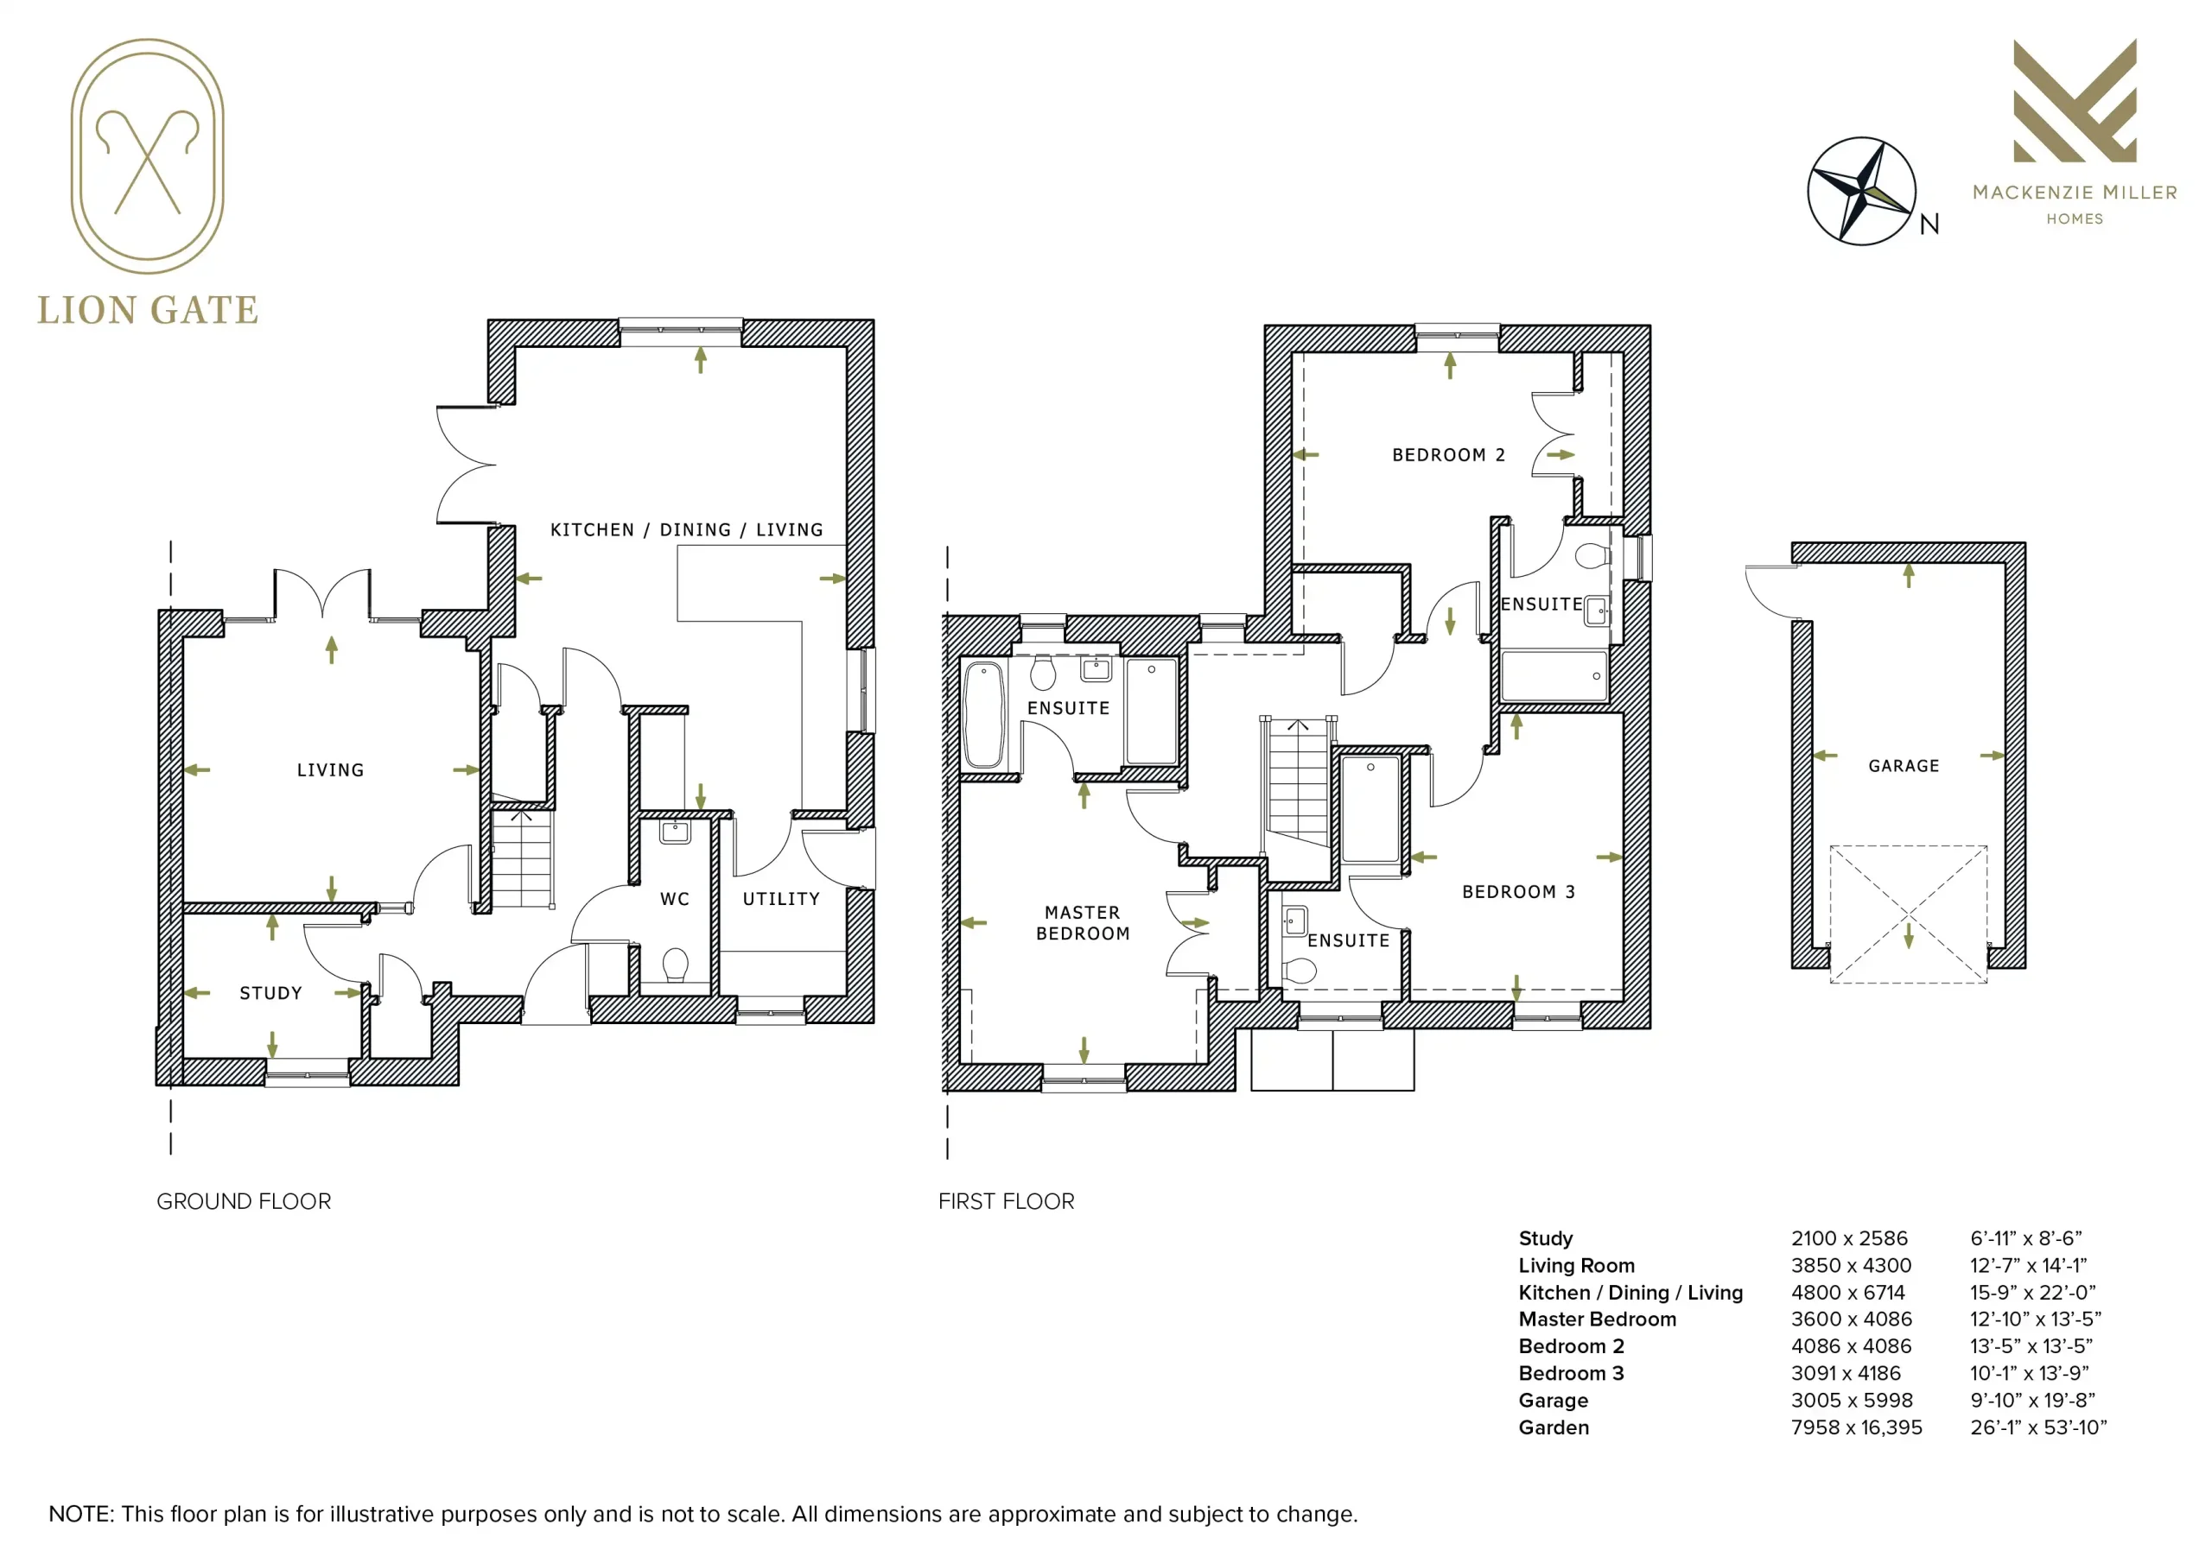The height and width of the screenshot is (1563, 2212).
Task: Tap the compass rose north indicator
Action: pyautogui.click(x=1861, y=191)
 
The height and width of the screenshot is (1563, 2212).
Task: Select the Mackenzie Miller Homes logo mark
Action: pyautogui.click(x=2075, y=100)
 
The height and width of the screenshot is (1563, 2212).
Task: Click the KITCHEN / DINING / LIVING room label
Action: pyautogui.click(x=687, y=529)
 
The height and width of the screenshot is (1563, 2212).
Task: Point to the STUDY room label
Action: pyautogui.click(x=270, y=993)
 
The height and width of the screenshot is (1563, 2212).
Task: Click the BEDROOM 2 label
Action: pyautogui.click(x=1448, y=454)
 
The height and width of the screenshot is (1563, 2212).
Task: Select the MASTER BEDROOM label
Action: pyautogui.click(x=1083, y=922)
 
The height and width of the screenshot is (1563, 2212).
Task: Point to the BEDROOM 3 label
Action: pyautogui.click(x=1518, y=892)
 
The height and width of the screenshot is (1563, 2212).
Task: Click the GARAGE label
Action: pyautogui.click(x=1904, y=766)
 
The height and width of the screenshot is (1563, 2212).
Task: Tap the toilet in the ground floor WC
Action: pyautogui.click(x=676, y=964)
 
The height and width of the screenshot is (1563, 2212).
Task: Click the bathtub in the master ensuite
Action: pyautogui.click(x=983, y=713)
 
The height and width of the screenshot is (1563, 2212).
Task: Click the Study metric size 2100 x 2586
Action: pyautogui.click(x=1849, y=1238)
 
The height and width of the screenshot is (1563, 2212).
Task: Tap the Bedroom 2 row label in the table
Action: pyautogui.click(x=1572, y=1346)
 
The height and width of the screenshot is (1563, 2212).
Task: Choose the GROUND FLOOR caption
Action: pyautogui.click(x=244, y=1201)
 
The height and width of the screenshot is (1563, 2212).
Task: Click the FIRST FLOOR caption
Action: pyautogui.click(x=1006, y=1201)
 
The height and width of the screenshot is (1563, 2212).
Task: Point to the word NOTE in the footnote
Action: pyautogui.click(x=80, y=1514)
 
